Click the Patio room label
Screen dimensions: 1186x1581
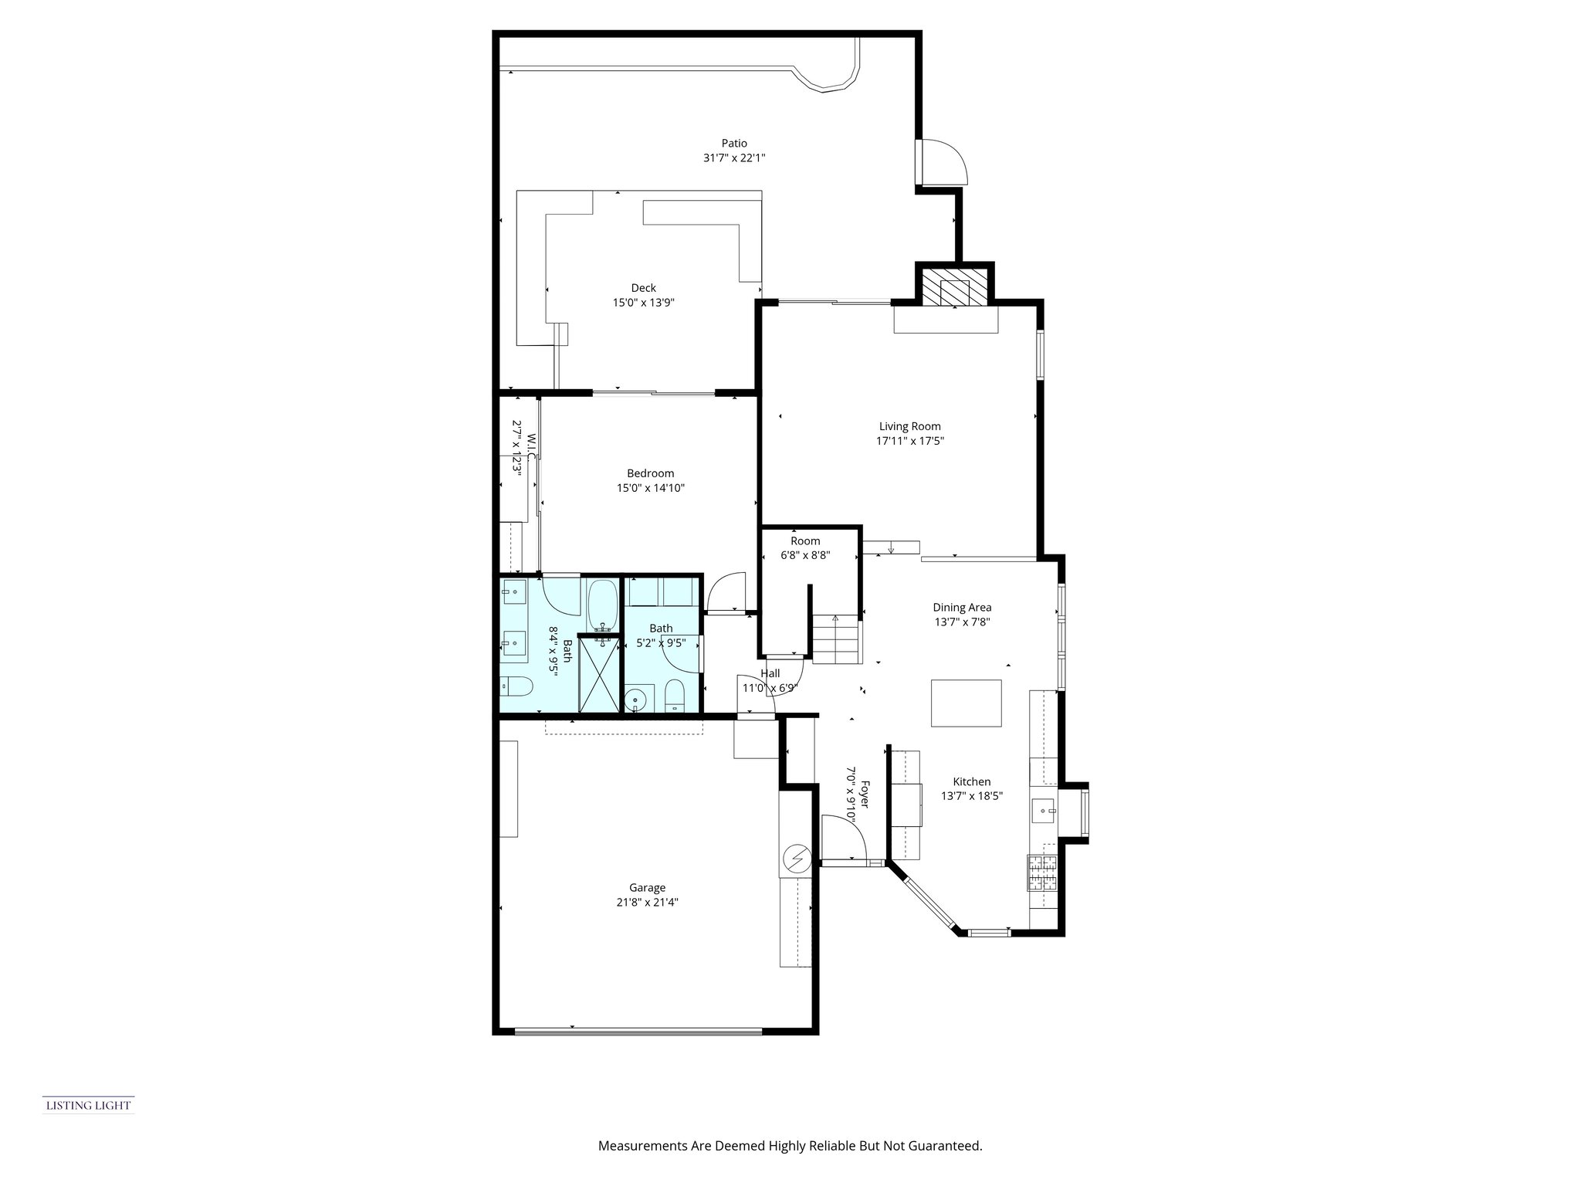(x=734, y=143)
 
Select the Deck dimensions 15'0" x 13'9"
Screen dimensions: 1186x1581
(x=644, y=303)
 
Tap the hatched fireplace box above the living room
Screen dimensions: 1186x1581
(x=955, y=286)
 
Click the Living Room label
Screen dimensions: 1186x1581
(x=910, y=426)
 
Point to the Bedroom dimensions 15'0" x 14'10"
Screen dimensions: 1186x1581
(x=650, y=488)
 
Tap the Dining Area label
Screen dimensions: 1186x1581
(x=962, y=608)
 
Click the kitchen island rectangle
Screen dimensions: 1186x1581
(x=966, y=703)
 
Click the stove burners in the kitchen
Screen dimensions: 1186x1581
(x=1042, y=874)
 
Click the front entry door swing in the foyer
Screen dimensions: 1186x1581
(x=844, y=837)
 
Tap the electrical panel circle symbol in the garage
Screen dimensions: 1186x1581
(x=796, y=858)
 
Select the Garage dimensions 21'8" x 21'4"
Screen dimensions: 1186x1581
(x=647, y=902)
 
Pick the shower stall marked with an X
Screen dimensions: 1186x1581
(x=600, y=672)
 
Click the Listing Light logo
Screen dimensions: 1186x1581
(x=88, y=1106)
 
